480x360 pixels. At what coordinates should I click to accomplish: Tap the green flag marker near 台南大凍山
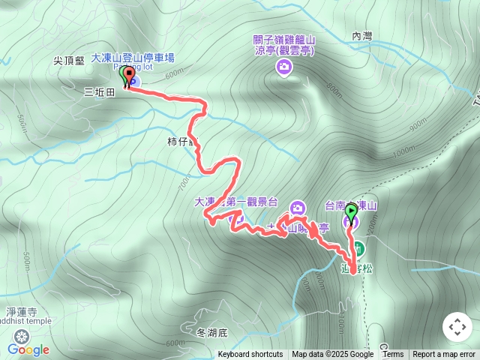pyautogui.click(x=351, y=213)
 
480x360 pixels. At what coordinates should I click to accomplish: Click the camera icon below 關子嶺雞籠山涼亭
pyautogui.click(x=284, y=68)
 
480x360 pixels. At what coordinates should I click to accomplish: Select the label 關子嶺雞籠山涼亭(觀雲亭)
pyautogui.click(x=284, y=44)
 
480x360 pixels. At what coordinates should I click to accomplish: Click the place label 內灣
pyautogui.click(x=361, y=35)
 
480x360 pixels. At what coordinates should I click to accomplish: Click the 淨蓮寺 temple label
pyautogui.click(x=21, y=309)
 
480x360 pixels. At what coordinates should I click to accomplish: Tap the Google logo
pyautogui.click(x=28, y=349)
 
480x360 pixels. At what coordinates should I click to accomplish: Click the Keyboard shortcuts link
pyautogui.click(x=250, y=355)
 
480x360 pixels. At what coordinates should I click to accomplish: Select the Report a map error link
pyautogui.click(x=444, y=355)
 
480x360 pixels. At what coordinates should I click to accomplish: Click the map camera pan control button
pyautogui.click(x=457, y=327)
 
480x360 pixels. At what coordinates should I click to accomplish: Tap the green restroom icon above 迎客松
pyautogui.click(x=359, y=248)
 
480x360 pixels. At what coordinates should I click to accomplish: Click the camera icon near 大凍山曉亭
pyautogui.click(x=298, y=208)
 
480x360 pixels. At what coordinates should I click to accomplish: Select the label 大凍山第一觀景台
pyautogui.click(x=236, y=202)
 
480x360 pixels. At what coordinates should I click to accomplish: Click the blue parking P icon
pyautogui.click(x=135, y=79)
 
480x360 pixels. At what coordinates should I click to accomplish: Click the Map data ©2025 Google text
pyautogui.click(x=332, y=355)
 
